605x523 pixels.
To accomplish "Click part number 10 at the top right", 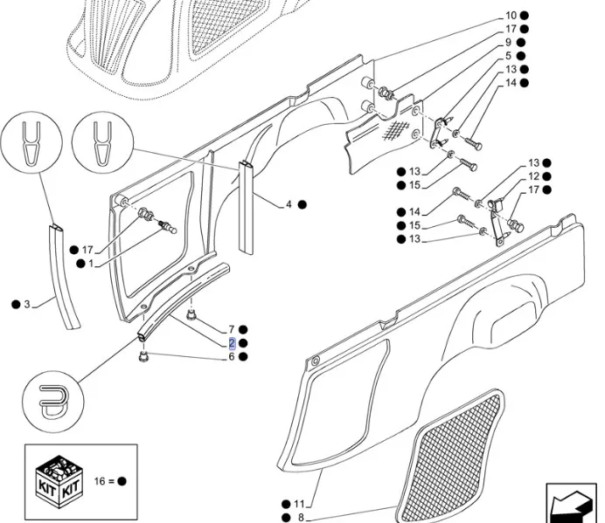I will pyautogui.click(x=510, y=16).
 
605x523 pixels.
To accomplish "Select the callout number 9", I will pyautogui.click(x=508, y=42).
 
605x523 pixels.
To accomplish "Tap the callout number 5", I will pyautogui.click(x=508, y=56).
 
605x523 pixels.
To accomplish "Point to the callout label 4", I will pyautogui.click(x=289, y=204).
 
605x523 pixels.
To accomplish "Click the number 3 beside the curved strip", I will pyautogui.click(x=27, y=304).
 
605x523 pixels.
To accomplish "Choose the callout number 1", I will pyautogui.click(x=91, y=263).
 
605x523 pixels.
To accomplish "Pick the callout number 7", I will pyautogui.click(x=232, y=328).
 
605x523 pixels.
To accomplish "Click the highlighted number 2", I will pyautogui.click(x=232, y=343).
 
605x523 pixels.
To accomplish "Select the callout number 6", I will pyautogui.click(x=232, y=356).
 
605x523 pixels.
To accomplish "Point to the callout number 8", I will pyautogui.click(x=300, y=518).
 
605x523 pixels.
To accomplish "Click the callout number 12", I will pyautogui.click(x=533, y=176).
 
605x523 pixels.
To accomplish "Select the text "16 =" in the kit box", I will pyautogui.click(x=103, y=480).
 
